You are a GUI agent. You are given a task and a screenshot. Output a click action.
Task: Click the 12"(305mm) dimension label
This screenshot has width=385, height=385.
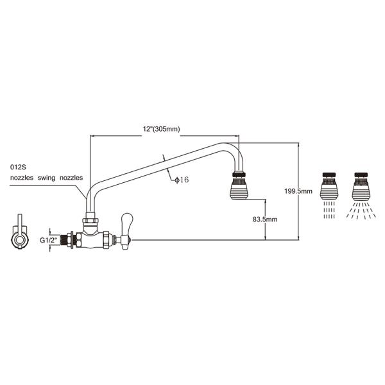pos(161,129)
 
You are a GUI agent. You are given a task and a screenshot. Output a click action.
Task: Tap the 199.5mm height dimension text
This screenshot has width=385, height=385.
pos(298,191)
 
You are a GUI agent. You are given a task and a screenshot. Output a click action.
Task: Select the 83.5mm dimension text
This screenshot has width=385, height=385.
pos(265,219)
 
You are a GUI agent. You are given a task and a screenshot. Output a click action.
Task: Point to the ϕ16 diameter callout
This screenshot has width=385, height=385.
pos(182,180)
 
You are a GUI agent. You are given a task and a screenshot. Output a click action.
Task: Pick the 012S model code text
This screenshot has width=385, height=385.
pos(18,167)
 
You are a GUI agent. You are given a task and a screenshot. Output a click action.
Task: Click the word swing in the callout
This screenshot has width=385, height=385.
pos(46,178)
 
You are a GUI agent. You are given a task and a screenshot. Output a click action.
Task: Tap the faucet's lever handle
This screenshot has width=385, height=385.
pos(126,228)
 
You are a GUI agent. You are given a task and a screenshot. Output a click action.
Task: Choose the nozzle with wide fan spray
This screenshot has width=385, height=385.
pos(361,186)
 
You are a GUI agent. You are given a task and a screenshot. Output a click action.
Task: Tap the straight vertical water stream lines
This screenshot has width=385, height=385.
pos(329,210)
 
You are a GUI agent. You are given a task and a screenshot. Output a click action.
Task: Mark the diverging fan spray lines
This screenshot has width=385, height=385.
pos(361,210)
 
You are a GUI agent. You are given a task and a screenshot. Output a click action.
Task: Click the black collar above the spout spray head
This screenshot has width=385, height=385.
pos(239,175)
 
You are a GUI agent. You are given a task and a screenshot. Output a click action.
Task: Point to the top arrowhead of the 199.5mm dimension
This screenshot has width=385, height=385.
pos(298,145)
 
